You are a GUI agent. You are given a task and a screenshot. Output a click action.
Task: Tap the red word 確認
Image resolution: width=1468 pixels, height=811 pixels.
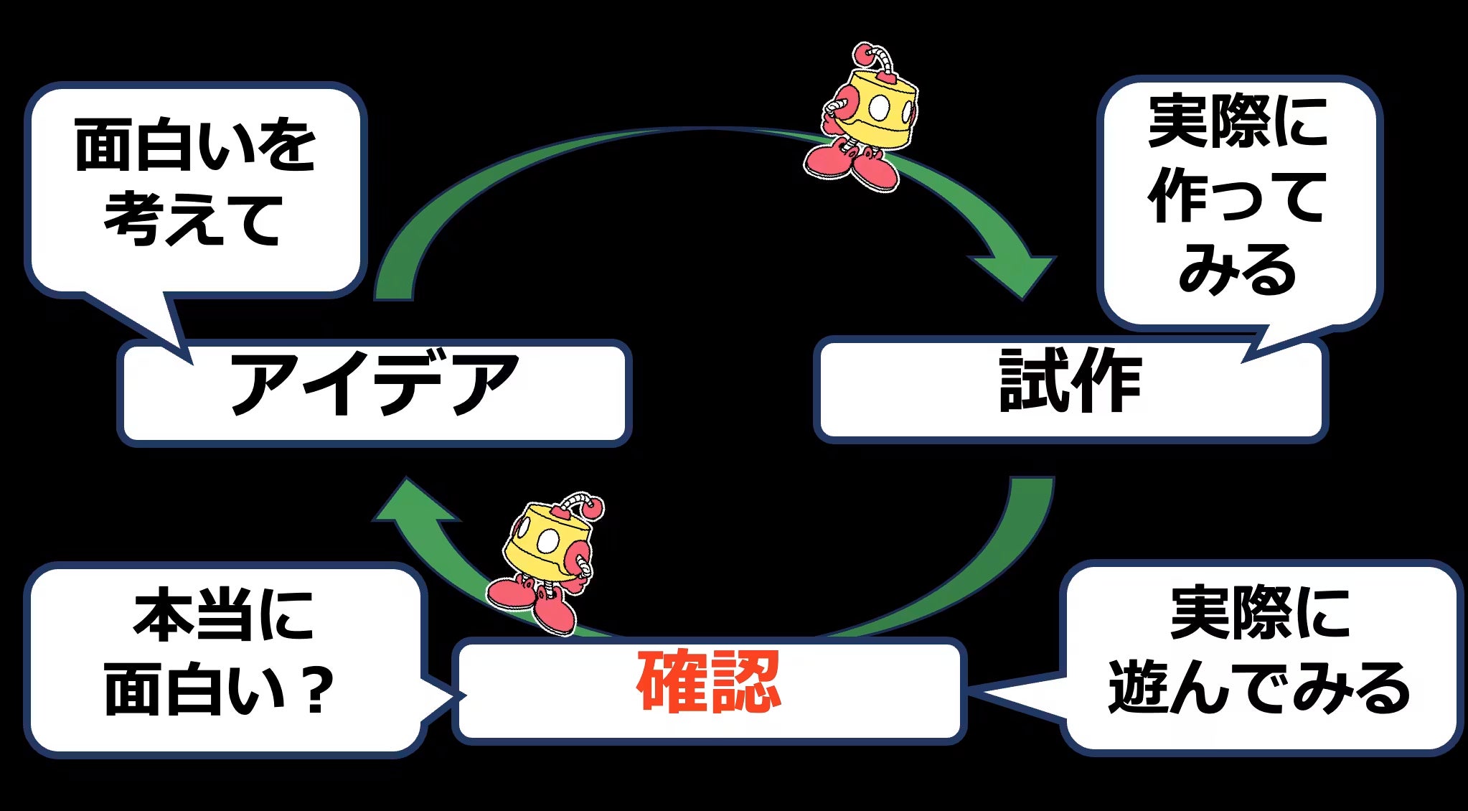[x=708, y=682]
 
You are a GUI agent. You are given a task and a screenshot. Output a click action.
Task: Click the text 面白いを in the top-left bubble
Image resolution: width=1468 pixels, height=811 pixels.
[x=194, y=146]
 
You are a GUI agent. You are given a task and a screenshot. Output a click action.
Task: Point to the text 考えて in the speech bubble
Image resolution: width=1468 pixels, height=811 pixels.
[x=194, y=218]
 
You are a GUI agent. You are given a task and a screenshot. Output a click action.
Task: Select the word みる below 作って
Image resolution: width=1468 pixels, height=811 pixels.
[x=1237, y=269]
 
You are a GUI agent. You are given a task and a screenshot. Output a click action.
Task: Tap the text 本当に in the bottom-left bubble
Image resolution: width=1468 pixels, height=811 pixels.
[x=223, y=614]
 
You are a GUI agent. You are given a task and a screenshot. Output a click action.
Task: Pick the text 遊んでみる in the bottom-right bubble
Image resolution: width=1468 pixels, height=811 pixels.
[x=1259, y=688]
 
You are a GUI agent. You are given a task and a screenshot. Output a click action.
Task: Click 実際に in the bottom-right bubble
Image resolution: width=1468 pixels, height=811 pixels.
[x=1260, y=613]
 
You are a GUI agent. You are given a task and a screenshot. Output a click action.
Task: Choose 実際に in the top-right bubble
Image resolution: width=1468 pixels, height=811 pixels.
[x=1238, y=122]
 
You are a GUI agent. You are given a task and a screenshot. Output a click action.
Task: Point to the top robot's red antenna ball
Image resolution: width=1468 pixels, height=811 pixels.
[x=862, y=54]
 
